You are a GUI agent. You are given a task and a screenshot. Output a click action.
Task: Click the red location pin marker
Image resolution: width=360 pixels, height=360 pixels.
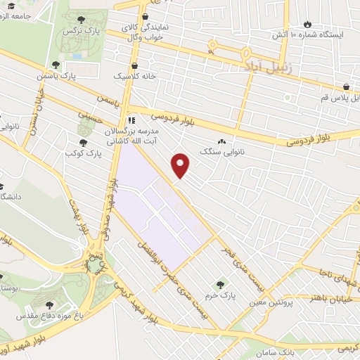pyautogui.click(x=181, y=165)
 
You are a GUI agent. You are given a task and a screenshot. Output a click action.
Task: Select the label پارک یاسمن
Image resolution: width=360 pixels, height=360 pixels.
pyautogui.click(x=77, y=74)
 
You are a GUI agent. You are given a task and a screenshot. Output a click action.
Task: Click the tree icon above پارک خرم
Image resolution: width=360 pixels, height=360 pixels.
pyautogui.click(x=220, y=285)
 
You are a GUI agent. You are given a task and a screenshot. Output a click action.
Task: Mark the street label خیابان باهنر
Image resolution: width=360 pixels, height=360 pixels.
pyautogui.click(x=326, y=297)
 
